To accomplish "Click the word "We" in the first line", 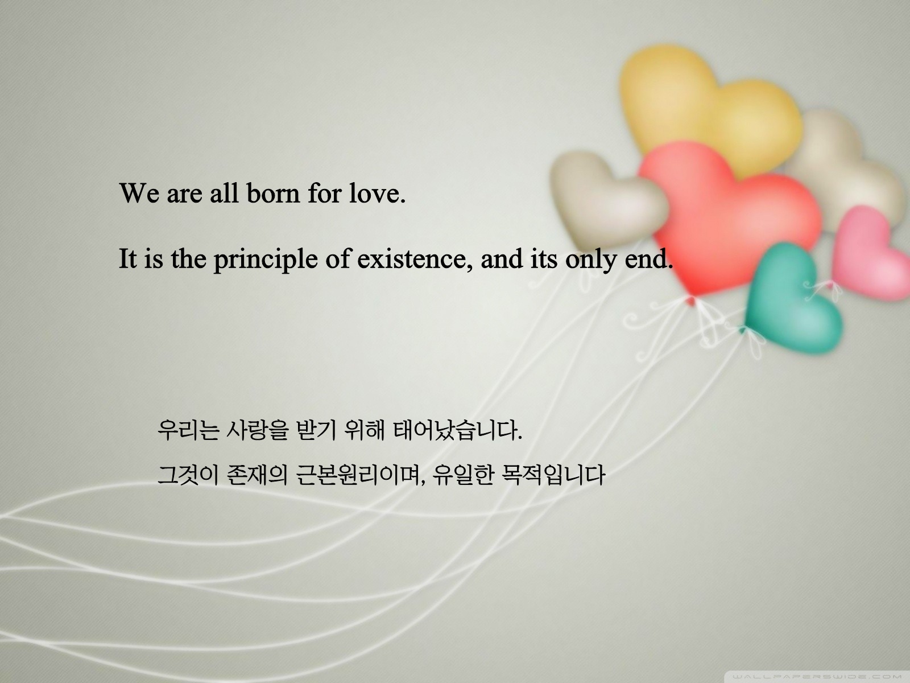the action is click(139, 193).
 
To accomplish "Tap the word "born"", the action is click(273, 193).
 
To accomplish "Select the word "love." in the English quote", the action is click(377, 193).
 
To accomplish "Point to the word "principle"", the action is click(266, 260).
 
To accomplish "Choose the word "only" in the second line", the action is click(591, 260).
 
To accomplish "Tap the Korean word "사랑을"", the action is click(257, 430).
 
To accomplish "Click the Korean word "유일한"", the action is click(463, 475).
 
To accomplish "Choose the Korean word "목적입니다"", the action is click(553, 475).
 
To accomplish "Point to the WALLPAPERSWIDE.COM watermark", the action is click(816, 676).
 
